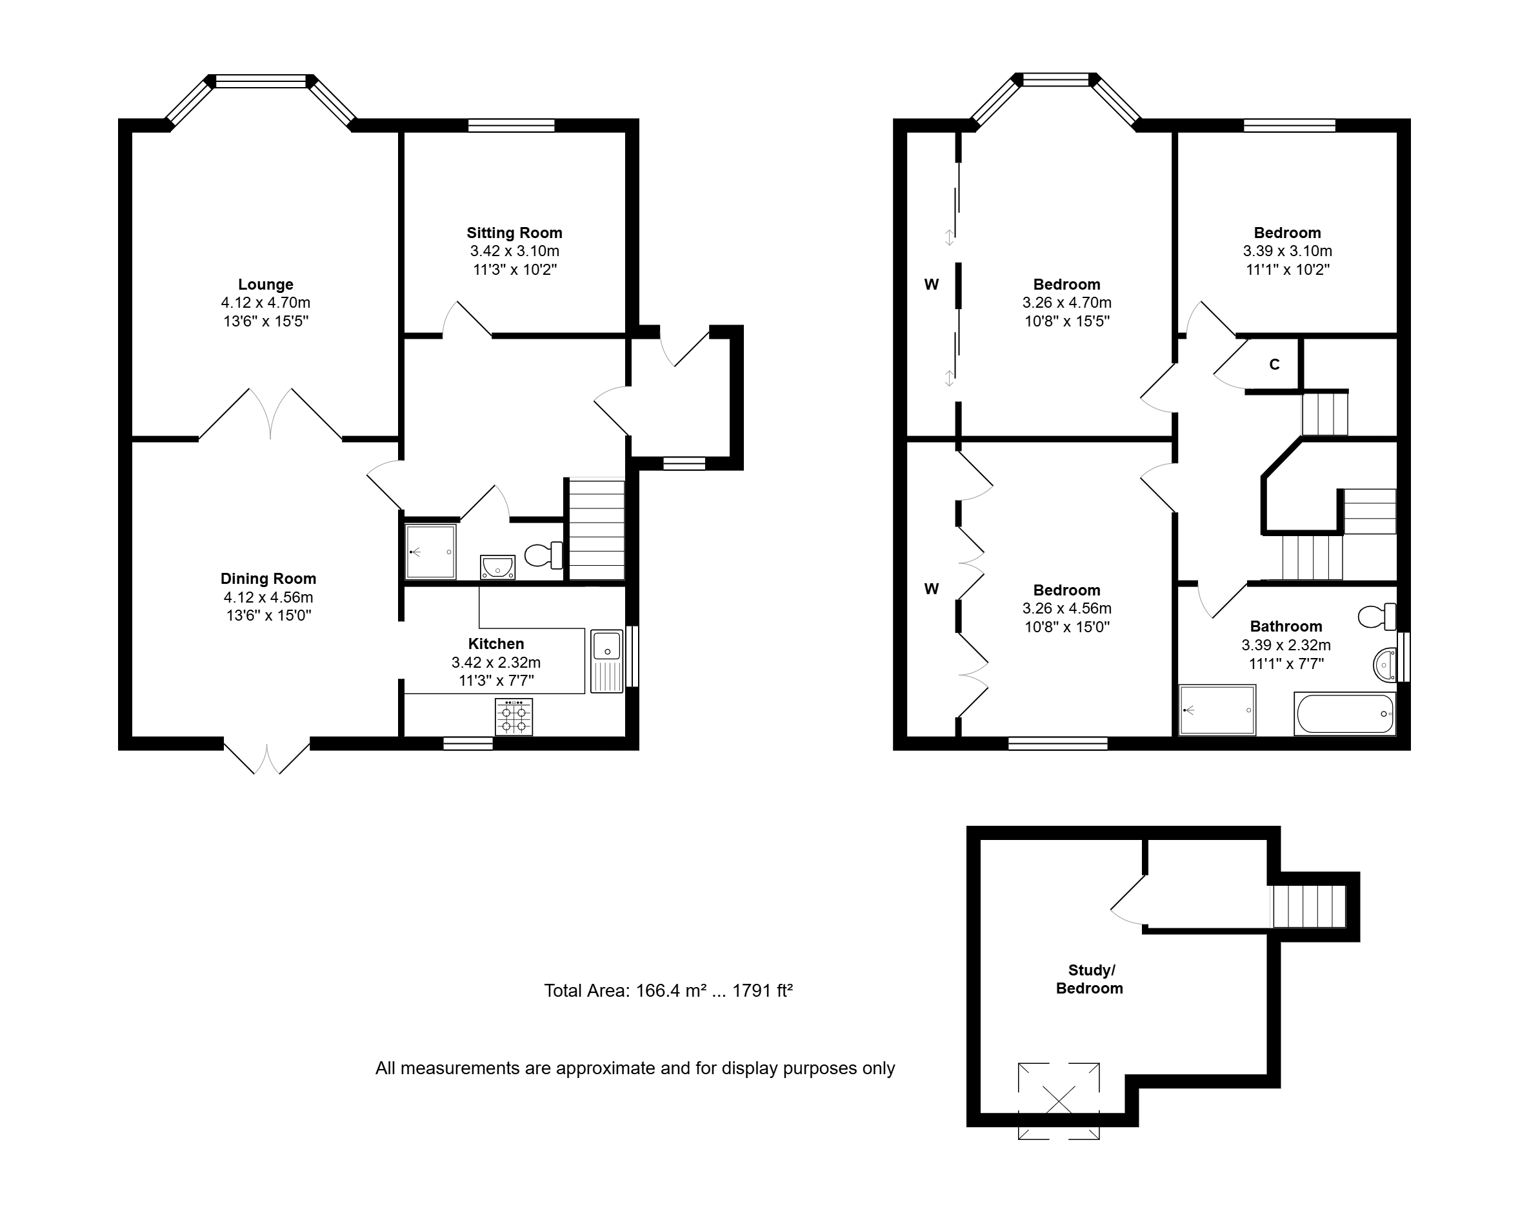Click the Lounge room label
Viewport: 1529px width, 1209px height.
265,285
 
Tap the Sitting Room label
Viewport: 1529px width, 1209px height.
515,233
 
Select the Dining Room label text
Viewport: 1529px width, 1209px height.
268,579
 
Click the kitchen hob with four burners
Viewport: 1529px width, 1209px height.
514,716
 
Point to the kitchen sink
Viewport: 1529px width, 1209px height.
606,661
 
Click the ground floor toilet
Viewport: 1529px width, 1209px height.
544,555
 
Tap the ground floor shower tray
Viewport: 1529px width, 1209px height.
430,552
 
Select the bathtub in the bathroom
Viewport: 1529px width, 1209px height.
1344,714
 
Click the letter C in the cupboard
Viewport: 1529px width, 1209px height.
1274,365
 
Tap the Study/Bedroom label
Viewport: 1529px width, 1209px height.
1090,980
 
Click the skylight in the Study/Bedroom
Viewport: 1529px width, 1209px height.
1059,1101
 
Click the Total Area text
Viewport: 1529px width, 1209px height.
668,990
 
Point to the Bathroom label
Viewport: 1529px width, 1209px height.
1286,626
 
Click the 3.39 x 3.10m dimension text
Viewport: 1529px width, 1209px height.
1288,252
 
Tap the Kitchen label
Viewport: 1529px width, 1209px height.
496,644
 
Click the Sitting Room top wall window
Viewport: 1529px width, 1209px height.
511,125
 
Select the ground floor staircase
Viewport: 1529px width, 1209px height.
597,530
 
